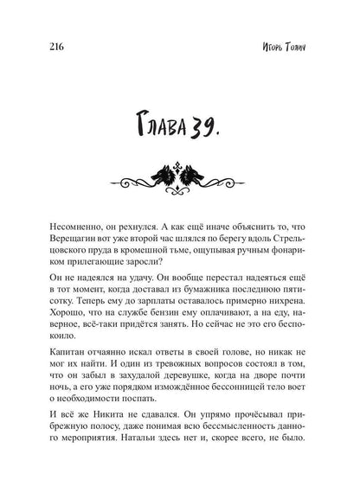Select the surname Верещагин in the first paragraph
tap(70, 247)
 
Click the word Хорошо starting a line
tap(60, 341)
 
